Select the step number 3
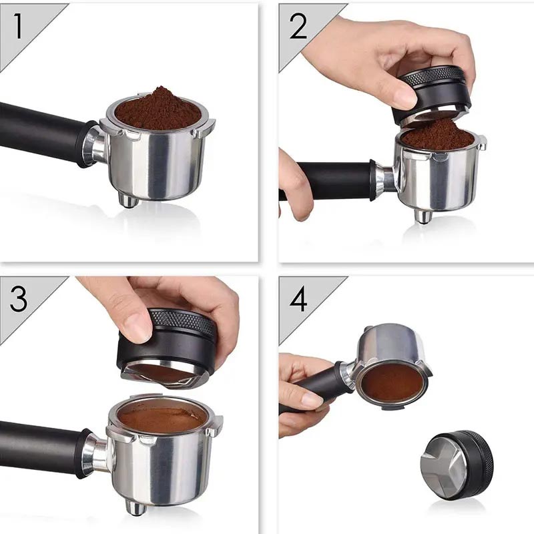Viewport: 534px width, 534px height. (19, 300)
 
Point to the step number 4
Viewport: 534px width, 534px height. (298, 300)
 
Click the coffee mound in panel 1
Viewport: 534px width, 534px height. (158, 109)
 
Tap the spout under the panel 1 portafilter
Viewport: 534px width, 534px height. (129, 200)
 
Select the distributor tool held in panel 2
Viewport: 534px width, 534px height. (433, 93)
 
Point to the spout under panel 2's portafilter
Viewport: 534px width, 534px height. (423, 216)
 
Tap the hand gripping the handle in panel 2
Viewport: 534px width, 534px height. (294, 180)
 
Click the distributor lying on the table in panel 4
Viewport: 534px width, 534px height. (457, 464)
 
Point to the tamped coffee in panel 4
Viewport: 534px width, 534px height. (392, 382)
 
